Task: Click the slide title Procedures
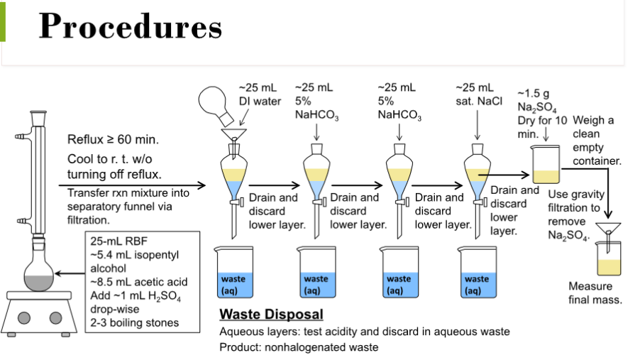(x=130, y=26)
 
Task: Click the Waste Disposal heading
(x=271, y=314)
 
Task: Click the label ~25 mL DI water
(x=260, y=94)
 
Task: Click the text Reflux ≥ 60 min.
(x=113, y=138)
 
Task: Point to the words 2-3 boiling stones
(x=134, y=323)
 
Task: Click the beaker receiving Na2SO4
(x=545, y=164)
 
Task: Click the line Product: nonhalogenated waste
(x=299, y=347)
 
